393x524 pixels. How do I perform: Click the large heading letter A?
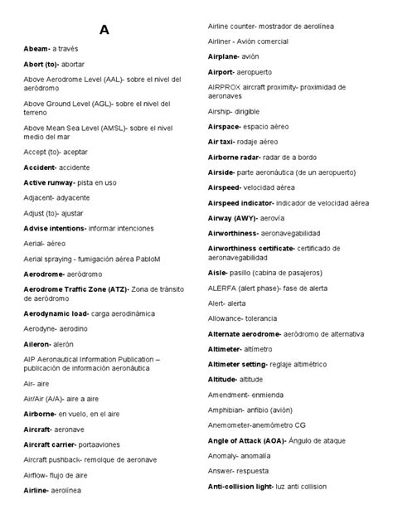[x=104, y=31]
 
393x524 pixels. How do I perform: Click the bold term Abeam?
[x=36, y=49]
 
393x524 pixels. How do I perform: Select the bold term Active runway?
[x=48, y=182]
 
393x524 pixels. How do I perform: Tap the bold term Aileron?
[x=38, y=342]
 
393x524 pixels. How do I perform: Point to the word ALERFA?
[x=221, y=287]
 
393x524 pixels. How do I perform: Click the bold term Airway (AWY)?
[x=235, y=218]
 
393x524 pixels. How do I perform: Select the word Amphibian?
[x=226, y=410]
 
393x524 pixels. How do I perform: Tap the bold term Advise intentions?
[x=54, y=227]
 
